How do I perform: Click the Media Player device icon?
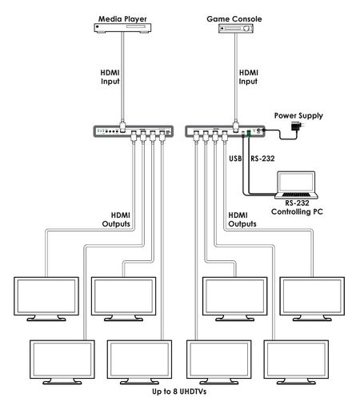coord(122,28)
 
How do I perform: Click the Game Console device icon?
coord(236,28)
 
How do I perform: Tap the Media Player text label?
coord(122,18)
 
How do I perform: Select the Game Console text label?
coord(234,18)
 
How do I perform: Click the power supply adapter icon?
coord(297,126)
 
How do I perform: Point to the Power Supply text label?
coord(298,115)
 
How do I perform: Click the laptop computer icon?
coord(296,185)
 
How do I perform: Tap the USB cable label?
coord(235,159)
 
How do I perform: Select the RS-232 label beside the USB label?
coord(262,159)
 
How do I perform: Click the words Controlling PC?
coord(297,211)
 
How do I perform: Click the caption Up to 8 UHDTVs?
coord(179,392)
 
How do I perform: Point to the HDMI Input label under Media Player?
coord(110,77)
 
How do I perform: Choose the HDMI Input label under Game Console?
coord(248,77)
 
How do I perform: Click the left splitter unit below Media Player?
coord(134,131)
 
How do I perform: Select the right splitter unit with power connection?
coord(225,131)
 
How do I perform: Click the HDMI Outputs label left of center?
coord(116,219)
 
